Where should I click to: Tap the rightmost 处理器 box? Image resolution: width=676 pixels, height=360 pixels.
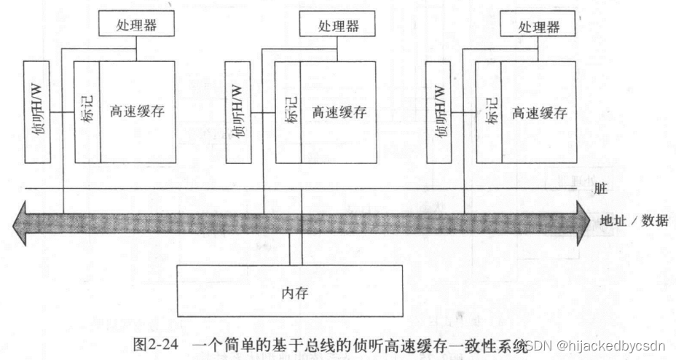tap(539, 26)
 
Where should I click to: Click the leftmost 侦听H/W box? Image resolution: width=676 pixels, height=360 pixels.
tap(36, 112)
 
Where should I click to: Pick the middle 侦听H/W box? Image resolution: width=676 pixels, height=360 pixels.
tap(237, 112)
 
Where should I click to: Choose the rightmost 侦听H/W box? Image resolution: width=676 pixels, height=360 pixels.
tap(437, 112)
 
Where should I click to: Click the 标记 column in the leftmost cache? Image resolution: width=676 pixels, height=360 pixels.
tap(87, 112)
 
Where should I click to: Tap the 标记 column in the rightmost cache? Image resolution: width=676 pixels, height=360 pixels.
tap(488, 112)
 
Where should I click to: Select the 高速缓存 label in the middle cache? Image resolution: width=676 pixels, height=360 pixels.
tap(339, 113)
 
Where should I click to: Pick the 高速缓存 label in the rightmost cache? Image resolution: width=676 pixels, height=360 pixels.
tap(539, 113)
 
